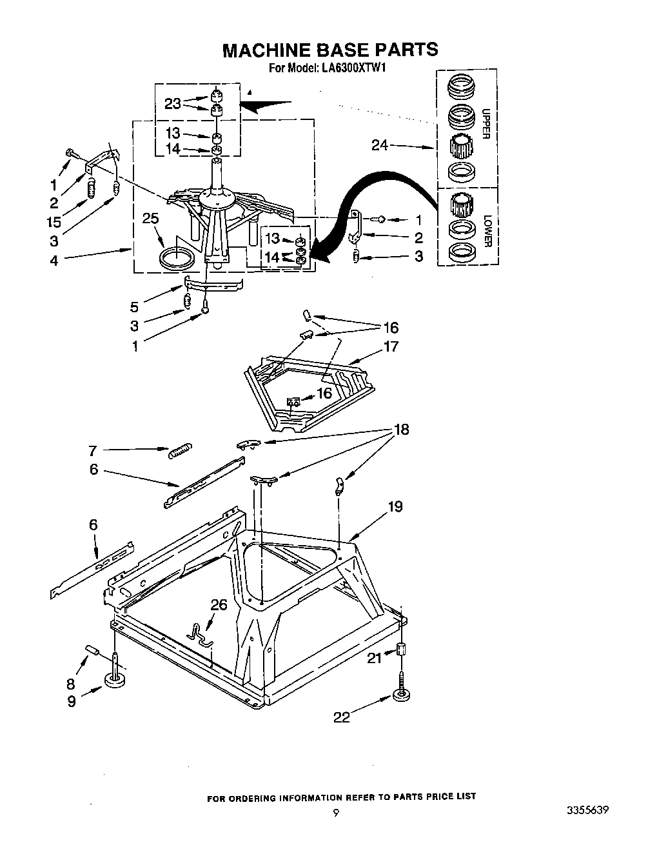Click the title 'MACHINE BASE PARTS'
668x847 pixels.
pos(330,50)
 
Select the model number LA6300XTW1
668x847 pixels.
pos(355,67)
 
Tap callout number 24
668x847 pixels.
pos(380,146)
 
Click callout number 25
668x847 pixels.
pos(150,219)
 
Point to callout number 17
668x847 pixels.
pos(391,346)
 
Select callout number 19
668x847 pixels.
pos(395,506)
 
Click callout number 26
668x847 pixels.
pos(219,604)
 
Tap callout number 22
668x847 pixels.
pos(341,717)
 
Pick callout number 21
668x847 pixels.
pos(375,657)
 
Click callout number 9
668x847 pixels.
pos(71,701)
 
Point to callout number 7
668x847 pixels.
pos(93,450)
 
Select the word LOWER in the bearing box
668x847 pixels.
pos(487,230)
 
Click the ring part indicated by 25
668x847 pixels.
pos(177,259)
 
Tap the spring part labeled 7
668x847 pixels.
pos(180,450)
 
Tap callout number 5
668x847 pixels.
pos(135,308)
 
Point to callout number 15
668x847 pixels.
pos(54,223)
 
